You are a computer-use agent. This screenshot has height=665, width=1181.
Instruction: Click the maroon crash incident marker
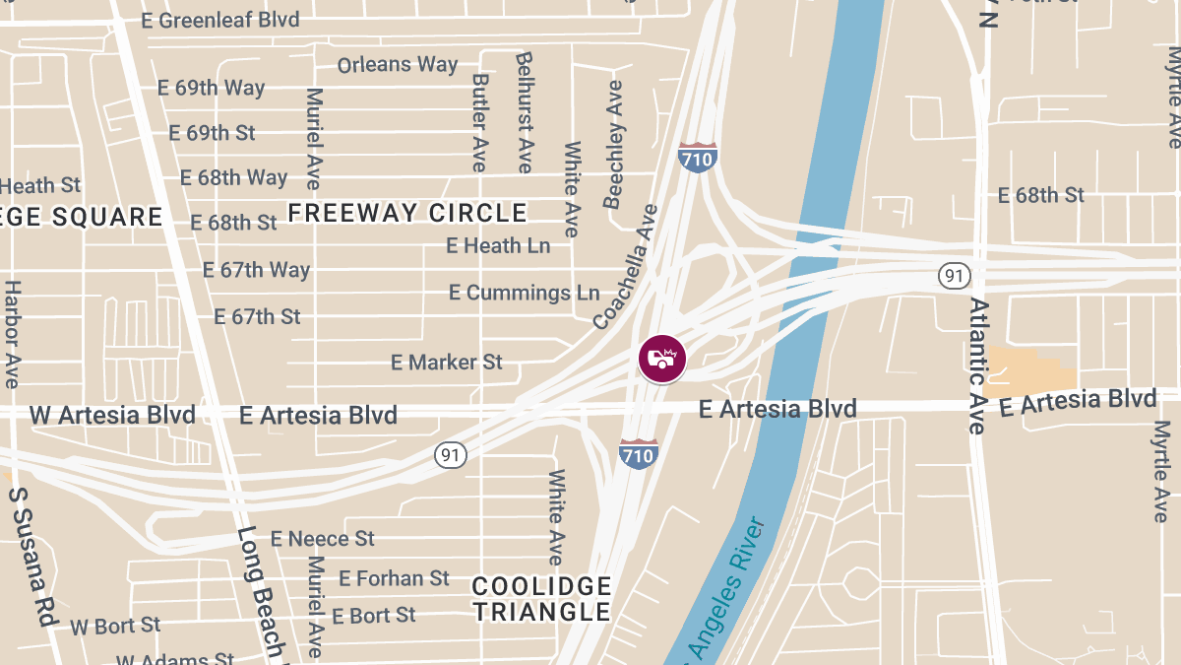coord(662,359)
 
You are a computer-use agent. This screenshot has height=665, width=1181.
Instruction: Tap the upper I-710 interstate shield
coord(697,157)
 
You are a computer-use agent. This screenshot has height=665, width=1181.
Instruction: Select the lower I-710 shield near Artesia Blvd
coord(638,452)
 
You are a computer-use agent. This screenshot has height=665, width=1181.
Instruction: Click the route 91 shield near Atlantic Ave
coord(953,275)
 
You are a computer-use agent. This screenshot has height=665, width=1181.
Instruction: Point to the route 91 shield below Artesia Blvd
coord(451,454)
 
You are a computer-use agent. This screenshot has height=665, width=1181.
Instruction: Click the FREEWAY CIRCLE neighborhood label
coord(407,213)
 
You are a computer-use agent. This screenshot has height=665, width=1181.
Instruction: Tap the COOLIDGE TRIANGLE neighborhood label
coord(541,599)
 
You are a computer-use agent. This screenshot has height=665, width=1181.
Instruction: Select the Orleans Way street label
coord(398,65)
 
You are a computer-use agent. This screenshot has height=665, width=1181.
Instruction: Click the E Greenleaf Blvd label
coord(221,20)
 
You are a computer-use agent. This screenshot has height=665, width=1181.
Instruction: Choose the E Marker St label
coord(447,363)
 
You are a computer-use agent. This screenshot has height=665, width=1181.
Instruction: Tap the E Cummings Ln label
coord(524,293)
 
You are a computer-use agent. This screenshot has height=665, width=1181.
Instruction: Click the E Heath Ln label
coord(498,245)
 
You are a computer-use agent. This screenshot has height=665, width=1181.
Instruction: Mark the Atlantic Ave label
coord(977,366)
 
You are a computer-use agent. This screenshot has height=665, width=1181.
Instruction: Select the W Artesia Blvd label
coord(112,415)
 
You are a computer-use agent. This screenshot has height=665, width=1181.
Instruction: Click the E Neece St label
coord(323,539)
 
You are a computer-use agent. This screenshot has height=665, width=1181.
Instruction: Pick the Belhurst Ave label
coord(524,111)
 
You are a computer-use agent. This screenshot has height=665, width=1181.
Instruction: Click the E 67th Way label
coord(256,270)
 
